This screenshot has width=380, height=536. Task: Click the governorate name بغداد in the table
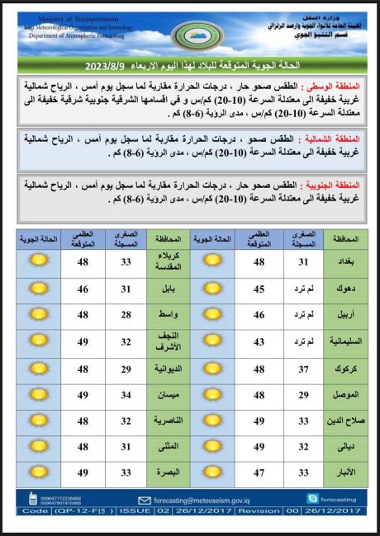pos(344,261)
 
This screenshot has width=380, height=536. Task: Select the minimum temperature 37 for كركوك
pos(304,369)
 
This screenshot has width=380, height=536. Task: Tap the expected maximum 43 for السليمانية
pos(259,342)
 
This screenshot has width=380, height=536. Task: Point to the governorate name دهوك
pos(344,289)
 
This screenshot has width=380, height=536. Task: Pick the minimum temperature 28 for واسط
pos(126,315)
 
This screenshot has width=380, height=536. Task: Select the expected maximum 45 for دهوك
pos(259,289)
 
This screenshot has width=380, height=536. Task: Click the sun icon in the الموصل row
pos(211,396)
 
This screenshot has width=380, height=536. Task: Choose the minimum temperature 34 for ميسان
pos(126,396)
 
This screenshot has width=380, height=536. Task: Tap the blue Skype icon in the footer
pos(311,498)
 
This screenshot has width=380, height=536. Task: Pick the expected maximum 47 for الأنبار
pos(259,473)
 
